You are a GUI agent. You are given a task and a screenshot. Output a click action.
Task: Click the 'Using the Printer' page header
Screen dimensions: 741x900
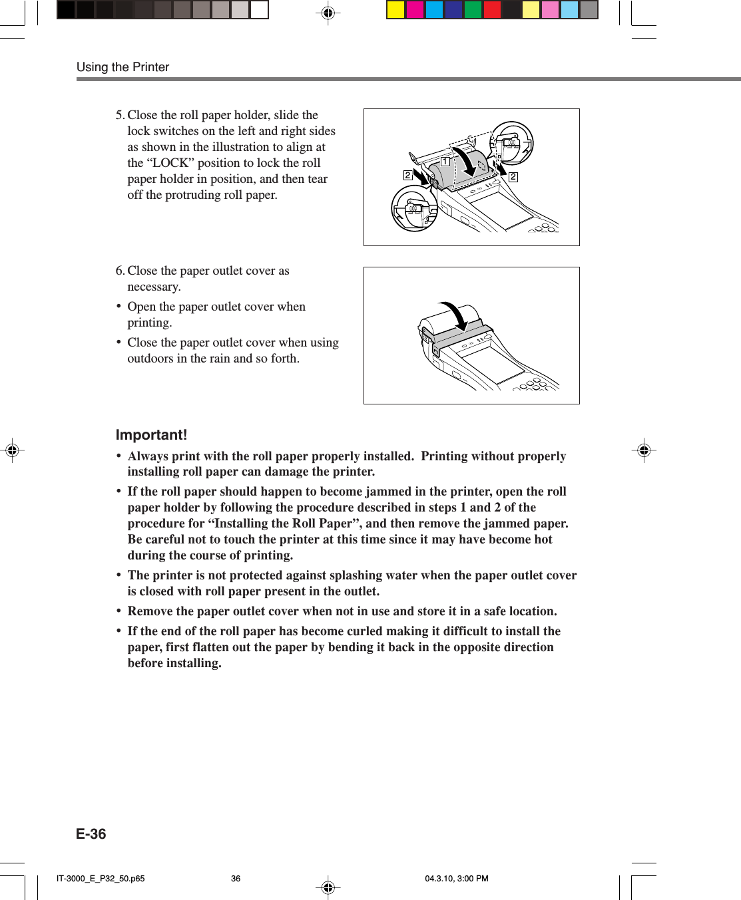coord(123,67)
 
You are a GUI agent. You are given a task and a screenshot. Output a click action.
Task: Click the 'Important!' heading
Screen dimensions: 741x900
coord(151,435)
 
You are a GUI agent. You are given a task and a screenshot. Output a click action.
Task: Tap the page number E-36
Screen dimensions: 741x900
coord(91,834)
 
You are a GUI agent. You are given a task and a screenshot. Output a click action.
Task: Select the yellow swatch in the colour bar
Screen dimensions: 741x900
coord(396,9)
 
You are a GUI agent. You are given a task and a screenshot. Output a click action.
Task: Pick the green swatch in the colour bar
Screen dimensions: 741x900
coord(473,9)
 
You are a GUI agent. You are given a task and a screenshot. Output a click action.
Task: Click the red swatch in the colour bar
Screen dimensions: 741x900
coord(493,9)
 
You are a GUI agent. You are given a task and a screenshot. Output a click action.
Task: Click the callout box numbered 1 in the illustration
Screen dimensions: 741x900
coord(445,161)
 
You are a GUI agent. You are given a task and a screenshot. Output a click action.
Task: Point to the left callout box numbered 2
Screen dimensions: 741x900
coord(407,175)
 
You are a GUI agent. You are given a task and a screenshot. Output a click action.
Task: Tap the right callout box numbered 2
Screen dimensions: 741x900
coord(513,177)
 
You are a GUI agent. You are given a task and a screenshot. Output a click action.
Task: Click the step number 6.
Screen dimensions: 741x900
coord(119,271)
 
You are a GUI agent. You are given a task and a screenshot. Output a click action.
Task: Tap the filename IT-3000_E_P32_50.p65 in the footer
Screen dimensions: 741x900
coord(101,879)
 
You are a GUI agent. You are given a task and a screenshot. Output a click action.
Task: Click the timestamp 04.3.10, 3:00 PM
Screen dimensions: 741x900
coord(457,879)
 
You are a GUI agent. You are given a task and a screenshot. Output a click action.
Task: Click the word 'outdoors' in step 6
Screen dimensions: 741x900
coord(150,359)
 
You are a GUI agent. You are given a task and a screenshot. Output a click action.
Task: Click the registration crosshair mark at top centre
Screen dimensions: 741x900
coord(328,13)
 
